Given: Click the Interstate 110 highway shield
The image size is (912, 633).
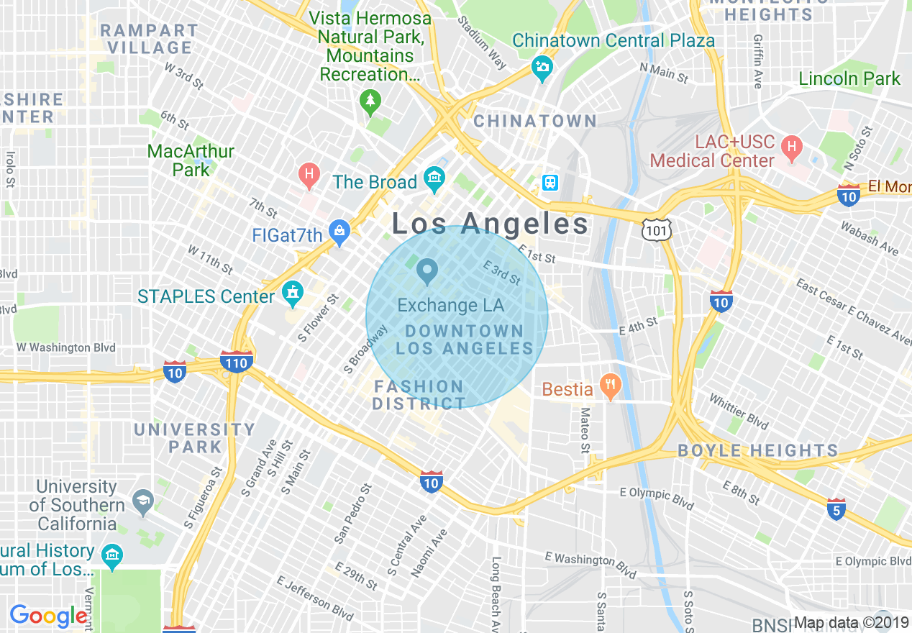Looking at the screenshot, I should (x=236, y=362).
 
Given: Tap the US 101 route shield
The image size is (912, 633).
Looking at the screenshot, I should (x=657, y=229).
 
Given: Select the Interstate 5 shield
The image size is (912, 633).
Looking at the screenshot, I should (x=835, y=509).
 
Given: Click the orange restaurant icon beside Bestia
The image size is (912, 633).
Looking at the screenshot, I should (x=610, y=388).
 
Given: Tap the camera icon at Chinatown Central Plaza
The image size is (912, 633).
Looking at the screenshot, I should (x=542, y=68).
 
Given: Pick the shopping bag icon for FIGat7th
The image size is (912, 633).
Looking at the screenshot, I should (x=339, y=231).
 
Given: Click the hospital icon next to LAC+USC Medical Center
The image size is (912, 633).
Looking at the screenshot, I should (x=792, y=149).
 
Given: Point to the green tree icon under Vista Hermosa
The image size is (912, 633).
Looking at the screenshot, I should (x=370, y=101).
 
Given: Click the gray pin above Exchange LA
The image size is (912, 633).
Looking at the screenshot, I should (x=428, y=271).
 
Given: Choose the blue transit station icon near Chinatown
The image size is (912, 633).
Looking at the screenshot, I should (x=550, y=183).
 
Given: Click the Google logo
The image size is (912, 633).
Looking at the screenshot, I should (x=48, y=616).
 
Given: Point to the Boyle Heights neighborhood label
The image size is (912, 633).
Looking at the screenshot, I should (x=758, y=451).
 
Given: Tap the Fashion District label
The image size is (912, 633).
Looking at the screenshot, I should (x=419, y=396).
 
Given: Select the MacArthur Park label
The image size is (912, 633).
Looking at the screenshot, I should (x=191, y=160).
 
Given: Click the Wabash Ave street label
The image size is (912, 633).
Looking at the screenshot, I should (x=870, y=237).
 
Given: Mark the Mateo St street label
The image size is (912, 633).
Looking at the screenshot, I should (x=585, y=431).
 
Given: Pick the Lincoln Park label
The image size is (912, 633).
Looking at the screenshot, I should (x=849, y=78).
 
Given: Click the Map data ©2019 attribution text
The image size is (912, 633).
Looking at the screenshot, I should (x=852, y=623).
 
